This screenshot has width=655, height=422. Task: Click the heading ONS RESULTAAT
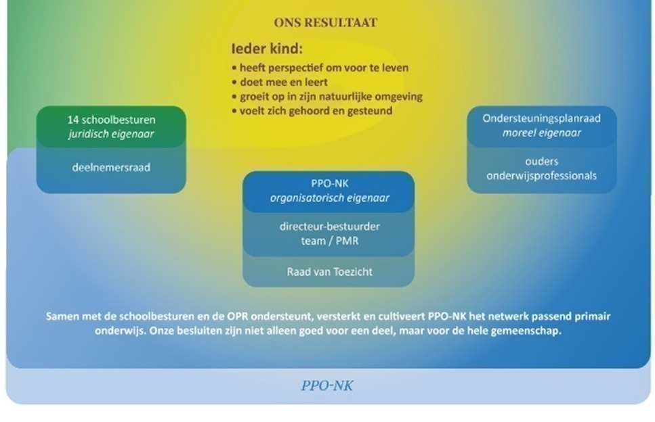tap(325, 22)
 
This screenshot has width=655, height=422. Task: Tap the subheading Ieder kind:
tap(267, 49)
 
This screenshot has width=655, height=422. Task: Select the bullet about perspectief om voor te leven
tap(320, 68)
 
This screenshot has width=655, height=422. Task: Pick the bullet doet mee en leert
tap(280, 82)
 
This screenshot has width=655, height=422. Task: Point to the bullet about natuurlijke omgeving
tap(327, 97)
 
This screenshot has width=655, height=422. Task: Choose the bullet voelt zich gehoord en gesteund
tap(312, 111)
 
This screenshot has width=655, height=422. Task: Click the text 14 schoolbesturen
tap(111, 120)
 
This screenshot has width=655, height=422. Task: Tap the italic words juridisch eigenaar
tap(111, 135)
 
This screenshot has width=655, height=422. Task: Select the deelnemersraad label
tap(111, 168)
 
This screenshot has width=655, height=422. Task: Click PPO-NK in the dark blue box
tap(330, 183)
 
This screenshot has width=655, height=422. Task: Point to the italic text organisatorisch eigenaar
tap(330, 198)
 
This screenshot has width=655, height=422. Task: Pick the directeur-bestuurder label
tap(330, 227)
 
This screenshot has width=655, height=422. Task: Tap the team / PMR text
tap(330, 241)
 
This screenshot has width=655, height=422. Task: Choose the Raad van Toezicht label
tap(330, 272)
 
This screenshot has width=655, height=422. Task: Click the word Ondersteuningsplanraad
tap(542, 118)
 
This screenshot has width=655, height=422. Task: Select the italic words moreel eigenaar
tap(542, 133)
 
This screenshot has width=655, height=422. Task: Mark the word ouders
tap(542, 162)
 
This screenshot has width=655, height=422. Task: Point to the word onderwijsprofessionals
tap(542, 176)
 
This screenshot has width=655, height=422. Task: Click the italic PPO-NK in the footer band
tap(327, 385)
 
